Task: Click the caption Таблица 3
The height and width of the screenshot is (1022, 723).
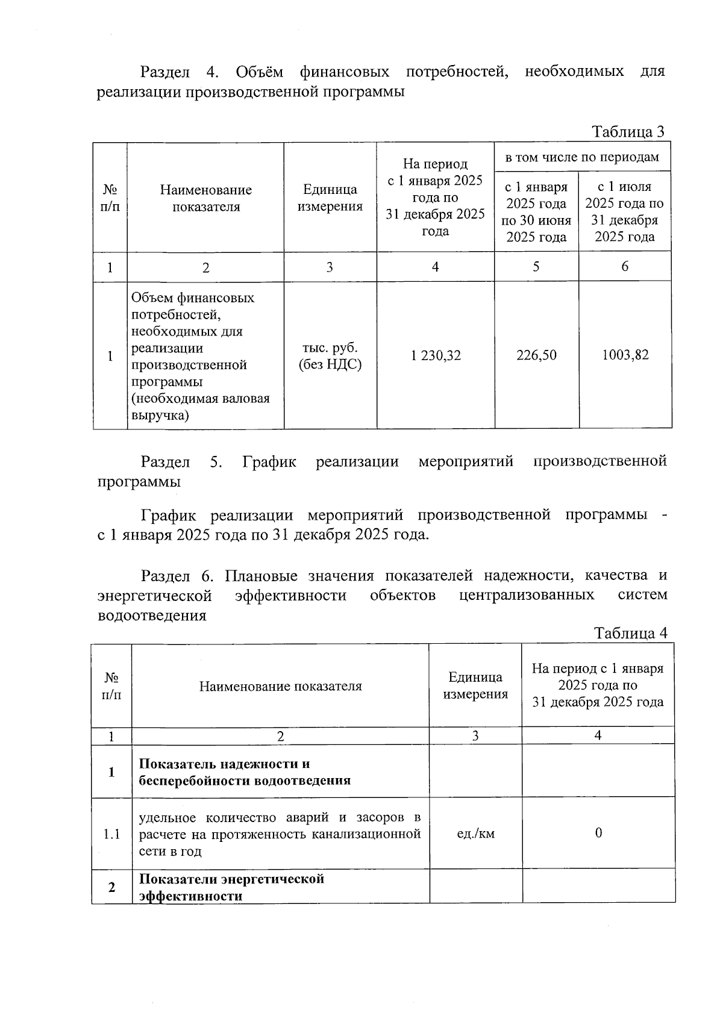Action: [628, 131]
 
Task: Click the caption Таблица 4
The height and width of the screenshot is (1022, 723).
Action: [630, 633]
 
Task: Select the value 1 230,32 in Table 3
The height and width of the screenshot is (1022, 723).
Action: [436, 355]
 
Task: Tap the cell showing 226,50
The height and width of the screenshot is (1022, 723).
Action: [536, 355]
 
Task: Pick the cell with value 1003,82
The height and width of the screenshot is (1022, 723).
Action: [625, 355]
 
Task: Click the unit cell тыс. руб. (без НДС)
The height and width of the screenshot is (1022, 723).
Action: [330, 356]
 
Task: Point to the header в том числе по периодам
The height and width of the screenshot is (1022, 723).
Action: [582, 157]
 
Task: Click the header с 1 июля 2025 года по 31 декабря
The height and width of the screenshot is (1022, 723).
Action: [625, 211]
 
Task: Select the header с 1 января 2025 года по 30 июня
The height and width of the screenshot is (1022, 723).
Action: [536, 211]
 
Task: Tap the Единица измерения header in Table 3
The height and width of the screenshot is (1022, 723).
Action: [330, 198]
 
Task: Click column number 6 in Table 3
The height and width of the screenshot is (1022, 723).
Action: [625, 266]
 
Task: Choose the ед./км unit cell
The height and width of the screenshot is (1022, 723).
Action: [476, 833]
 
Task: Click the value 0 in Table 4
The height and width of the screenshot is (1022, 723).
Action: [598, 833]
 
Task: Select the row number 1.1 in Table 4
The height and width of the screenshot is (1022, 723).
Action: [111, 834]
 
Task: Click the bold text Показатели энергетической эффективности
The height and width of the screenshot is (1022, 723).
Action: [231, 886]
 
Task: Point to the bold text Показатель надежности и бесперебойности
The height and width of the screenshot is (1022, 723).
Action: [244, 772]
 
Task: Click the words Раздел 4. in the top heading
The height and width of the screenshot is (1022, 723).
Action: [178, 72]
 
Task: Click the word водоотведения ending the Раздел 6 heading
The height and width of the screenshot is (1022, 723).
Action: [152, 615]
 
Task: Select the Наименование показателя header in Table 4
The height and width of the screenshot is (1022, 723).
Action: [280, 686]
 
